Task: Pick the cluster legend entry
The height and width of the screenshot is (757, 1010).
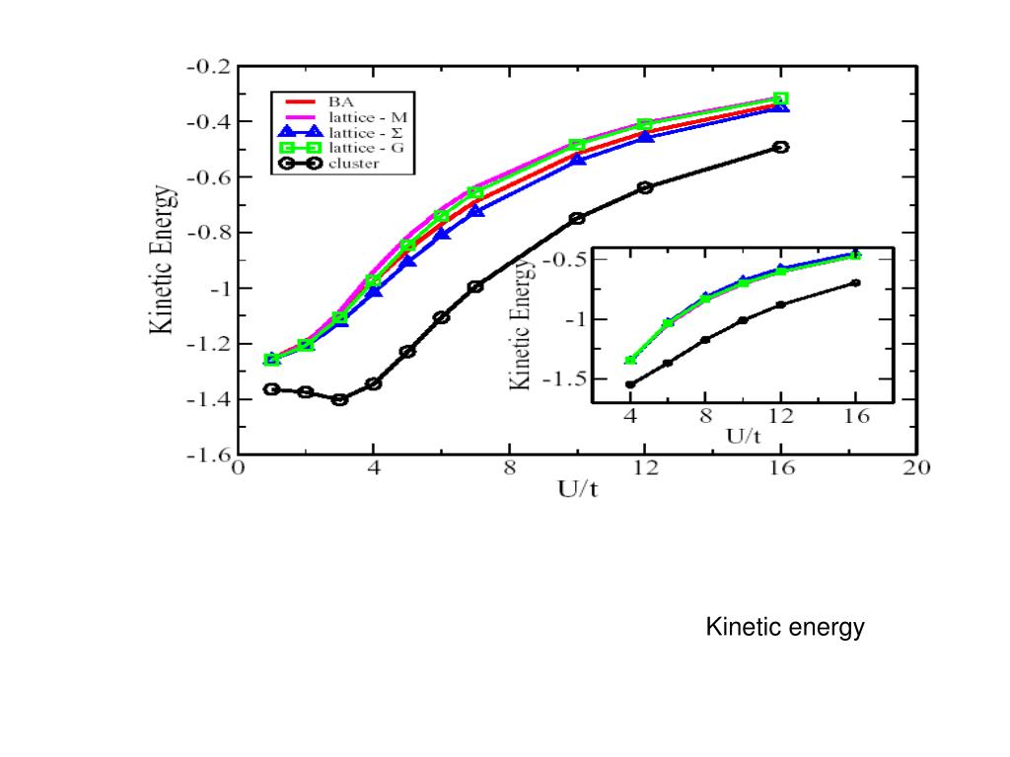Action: click(x=352, y=163)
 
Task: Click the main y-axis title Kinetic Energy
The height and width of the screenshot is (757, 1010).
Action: click(x=163, y=261)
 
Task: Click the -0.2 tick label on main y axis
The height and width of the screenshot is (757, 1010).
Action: click(x=208, y=67)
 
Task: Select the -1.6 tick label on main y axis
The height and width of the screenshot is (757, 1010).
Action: click(x=208, y=455)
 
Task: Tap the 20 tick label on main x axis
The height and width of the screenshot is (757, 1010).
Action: click(x=916, y=469)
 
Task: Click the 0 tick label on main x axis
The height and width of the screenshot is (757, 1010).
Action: click(x=238, y=469)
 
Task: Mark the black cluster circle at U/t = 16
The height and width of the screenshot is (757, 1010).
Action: click(x=780, y=147)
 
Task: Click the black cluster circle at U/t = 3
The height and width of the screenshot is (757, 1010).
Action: click(x=339, y=399)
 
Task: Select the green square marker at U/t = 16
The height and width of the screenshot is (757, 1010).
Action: click(x=780, y=99)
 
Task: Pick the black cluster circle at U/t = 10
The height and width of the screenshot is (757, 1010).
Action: click(x=577, y=218)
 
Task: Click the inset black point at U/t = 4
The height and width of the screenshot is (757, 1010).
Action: click(x=630, y=384)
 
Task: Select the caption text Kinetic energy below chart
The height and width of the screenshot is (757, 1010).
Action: click(x=784, y=627)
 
